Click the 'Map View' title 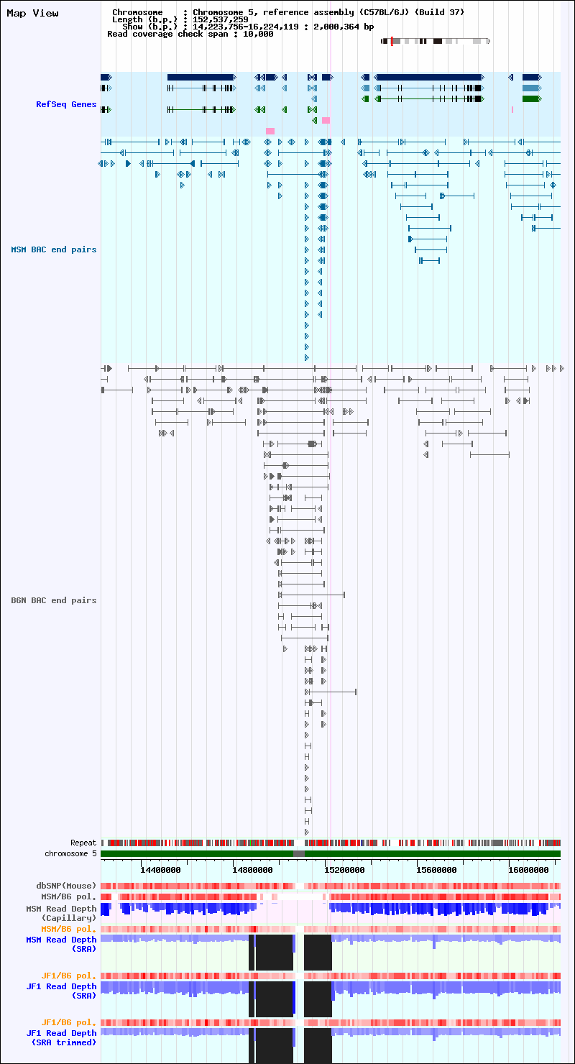32,13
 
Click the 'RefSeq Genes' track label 66,104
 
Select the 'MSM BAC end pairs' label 54,250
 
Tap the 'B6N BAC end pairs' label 54,600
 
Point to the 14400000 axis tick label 160,870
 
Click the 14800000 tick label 252,870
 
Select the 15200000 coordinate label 345,870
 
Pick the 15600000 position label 437,870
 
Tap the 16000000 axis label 528,870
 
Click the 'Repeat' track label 83,843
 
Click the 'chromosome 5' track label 70,853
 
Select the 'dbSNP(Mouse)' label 66,886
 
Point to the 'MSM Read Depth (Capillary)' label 61,914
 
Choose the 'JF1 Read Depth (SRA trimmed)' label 61,1038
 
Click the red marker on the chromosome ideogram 392,41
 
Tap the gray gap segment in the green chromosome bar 299,854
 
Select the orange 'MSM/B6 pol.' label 68,929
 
